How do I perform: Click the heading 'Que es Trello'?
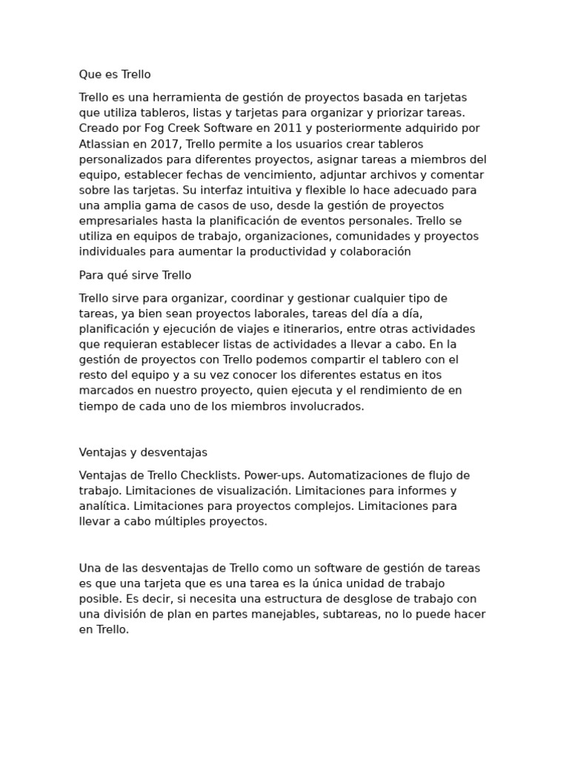(x=115, y=75)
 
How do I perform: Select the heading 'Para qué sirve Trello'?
(x=135, y=276)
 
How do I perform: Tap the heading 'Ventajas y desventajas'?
(x=143, y=452)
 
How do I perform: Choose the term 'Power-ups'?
(x=273, y=475)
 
